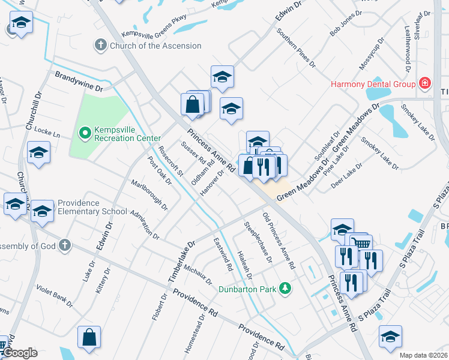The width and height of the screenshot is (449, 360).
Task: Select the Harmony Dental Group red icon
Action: pyautogui.click(x=425, y=83)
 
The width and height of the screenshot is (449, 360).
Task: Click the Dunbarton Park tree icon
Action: pyautogui.click(x=286, y=289)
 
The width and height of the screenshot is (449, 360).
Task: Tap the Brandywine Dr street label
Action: pyautogui.click(x=79, y=82)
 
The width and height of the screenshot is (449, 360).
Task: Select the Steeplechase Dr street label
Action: pyautogui.click(x=258, y=242)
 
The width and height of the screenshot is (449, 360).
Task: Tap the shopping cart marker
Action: pyautogui.click(x=361, y=244)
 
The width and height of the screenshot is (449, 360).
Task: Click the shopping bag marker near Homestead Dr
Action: pyautogui.click(x=89, y=338)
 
